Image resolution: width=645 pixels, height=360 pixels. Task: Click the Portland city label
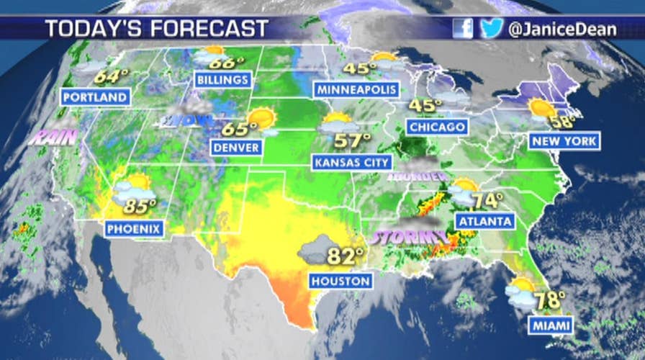point(96,96)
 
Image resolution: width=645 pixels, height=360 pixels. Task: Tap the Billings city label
point(222,79)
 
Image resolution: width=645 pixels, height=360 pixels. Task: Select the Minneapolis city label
point(356,89)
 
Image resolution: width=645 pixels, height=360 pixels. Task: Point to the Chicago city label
point(436,127)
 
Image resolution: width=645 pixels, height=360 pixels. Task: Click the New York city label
point(564,141)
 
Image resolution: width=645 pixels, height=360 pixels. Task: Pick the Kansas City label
point(352,162)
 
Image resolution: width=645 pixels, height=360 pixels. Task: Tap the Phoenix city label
point(134,230)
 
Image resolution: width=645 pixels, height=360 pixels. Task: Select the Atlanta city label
point(484,220)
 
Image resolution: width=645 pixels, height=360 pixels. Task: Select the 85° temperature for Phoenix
point(140,207)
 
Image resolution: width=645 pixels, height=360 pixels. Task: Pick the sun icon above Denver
point(261,118)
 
